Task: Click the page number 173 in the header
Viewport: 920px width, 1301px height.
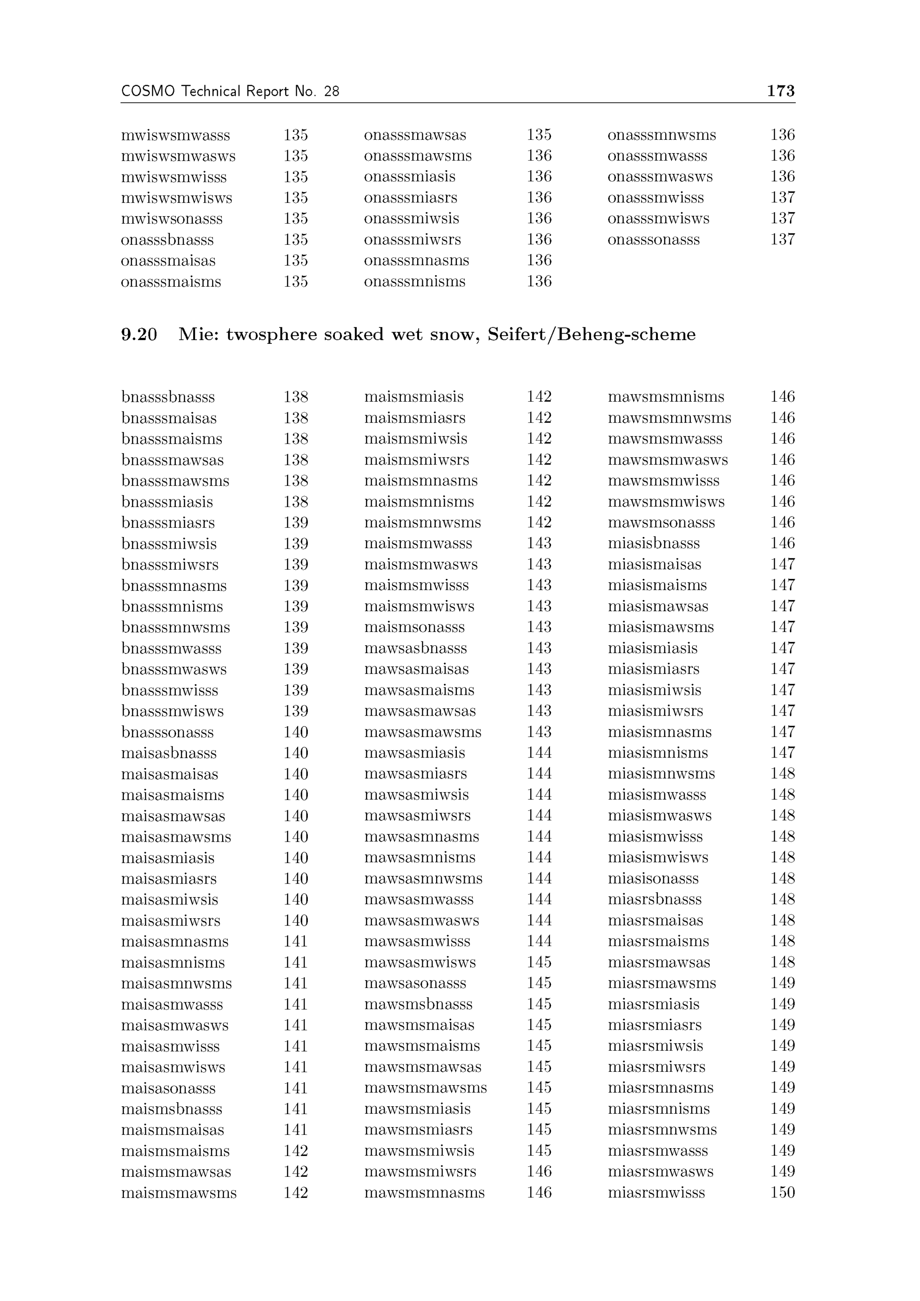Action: coord(780,91)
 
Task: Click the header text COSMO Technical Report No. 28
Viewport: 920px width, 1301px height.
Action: coord(230,91)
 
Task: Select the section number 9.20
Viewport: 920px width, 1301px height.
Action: coord(139,335)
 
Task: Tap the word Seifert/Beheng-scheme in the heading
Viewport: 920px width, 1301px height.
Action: coord(592,335)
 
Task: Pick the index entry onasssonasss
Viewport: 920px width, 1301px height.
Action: coord(653,240)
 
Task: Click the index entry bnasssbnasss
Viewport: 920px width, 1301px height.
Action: coord(168,397)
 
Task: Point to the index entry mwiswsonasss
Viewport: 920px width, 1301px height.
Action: coord(172,219)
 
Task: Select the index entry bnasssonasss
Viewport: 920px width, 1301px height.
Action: coord(167,732)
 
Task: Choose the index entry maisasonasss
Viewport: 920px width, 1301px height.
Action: coord(168,1088)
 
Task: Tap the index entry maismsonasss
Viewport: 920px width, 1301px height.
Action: coord(414,627)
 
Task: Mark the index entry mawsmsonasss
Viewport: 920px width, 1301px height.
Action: coord(661,522)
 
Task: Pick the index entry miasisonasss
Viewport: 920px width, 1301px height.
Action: coord(653,879)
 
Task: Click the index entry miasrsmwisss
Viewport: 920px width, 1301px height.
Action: coord(656,1193)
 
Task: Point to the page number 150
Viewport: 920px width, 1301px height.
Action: coord(782,1193)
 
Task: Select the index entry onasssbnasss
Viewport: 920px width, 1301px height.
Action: coord(167,240)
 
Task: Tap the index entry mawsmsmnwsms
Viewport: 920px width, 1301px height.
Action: coord(669,418)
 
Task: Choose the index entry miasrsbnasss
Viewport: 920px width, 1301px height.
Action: coord(654,900)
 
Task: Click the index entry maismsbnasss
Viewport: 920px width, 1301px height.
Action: coord(172,1110)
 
